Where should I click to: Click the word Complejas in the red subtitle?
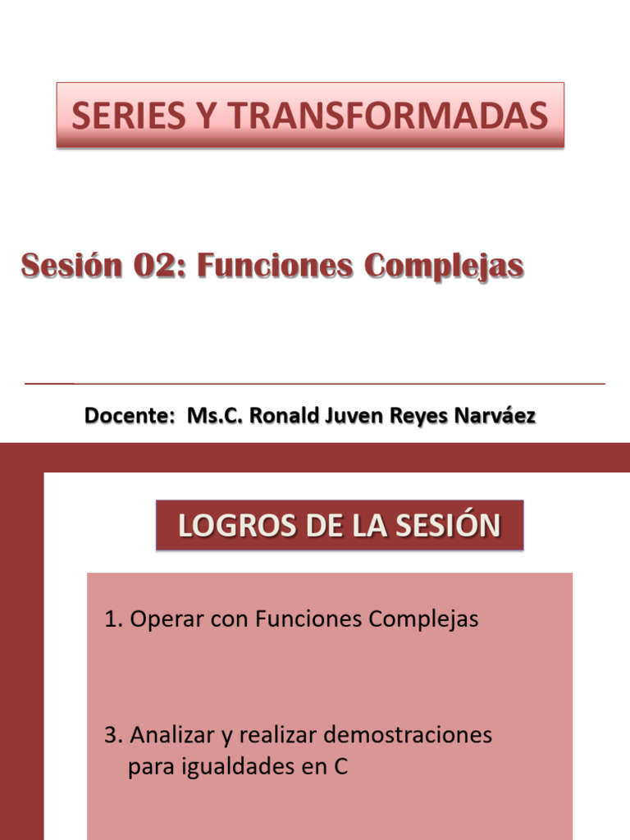click(x=444, y=266)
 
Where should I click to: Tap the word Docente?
click(x=125, y=416)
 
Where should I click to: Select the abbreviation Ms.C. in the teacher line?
click(x=215, y=416)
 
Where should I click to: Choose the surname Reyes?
click(x=417, y=416)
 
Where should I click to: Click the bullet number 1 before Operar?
click(x=110, y=619)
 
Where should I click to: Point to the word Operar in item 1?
click(x=167, y=619)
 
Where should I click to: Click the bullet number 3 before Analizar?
click(x=110, y=735)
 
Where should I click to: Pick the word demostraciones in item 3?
click(x=408, y=735)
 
